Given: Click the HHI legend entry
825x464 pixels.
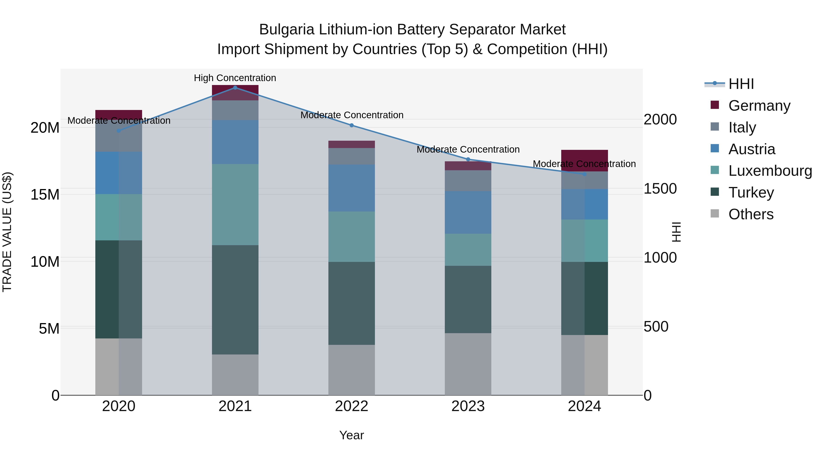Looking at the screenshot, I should tap(741, 84).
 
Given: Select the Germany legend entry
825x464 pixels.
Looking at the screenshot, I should tap(759, 106).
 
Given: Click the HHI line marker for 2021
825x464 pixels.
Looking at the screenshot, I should tap(235, 88).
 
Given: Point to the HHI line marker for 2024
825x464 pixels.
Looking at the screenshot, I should tap(584, 174).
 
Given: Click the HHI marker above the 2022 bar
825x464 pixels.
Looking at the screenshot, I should tap(352, 125).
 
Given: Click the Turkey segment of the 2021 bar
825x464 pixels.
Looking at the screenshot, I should tap(235, 299).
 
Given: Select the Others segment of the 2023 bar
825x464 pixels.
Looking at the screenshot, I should tap(468, 364).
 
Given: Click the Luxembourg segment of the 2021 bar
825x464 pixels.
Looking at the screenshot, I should tap(235, 205).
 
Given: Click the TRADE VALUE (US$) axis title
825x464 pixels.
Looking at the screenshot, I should tap(7, 232).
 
